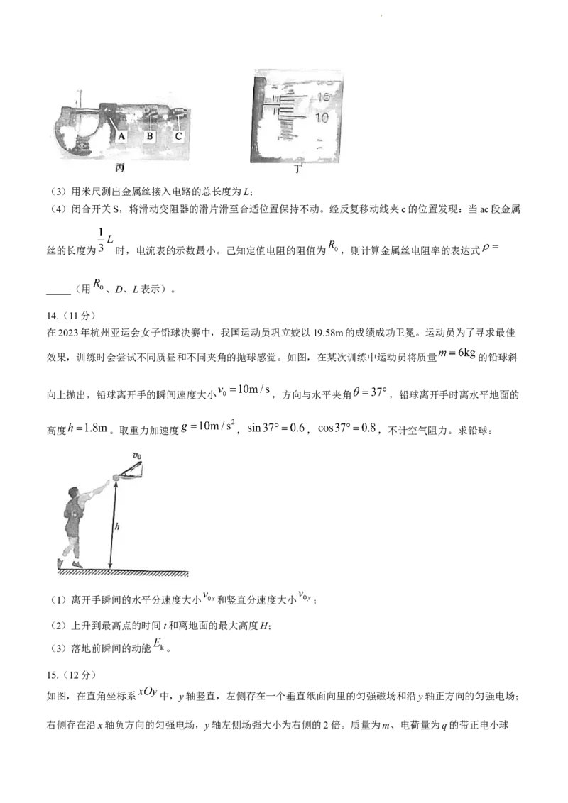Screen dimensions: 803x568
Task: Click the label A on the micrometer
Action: click(121, 135)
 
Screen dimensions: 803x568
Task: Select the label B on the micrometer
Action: click(150, 135)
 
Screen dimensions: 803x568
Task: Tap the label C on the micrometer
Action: click(178, 135)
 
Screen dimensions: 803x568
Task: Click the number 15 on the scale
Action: click(322, 97)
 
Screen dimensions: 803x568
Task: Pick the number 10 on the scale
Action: click(322, 117)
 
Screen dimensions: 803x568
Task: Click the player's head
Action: click(72, 494)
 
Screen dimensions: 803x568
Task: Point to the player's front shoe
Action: click(77, 564)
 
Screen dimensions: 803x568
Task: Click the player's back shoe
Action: click(60, 564)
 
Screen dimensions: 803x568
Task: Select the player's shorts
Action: click(72, 528)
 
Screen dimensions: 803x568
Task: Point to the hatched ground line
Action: click(121, 571)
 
